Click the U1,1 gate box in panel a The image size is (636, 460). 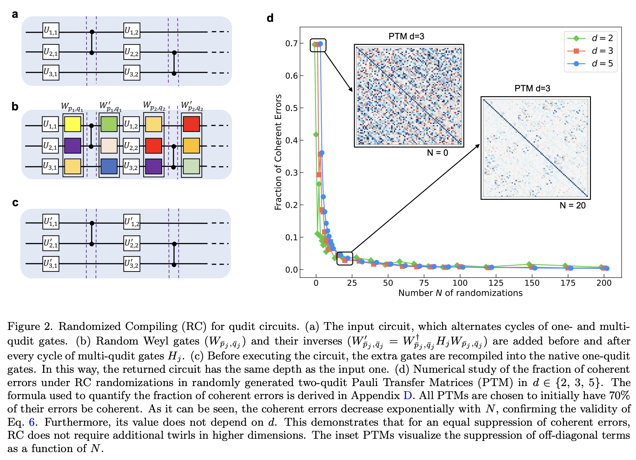[x=51, y=30]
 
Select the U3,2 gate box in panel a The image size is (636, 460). [x=132, y=73]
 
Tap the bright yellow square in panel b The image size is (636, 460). [x=73, y=124]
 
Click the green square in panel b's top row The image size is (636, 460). [x=109, y=124]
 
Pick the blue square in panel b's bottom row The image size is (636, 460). [x=109, y=166]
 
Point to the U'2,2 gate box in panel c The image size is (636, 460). [x=132, y=243]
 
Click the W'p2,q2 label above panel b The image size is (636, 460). [x=192, y=106]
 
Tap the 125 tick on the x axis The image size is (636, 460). [x=496, y=283]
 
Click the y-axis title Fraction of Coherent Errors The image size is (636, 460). [x=278, y=152]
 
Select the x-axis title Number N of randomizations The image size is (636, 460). [x=460, y=293]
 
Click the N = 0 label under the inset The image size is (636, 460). [x=437, y=153]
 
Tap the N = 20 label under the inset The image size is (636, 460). [x=572, y=206]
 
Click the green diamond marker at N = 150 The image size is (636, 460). [x=529, y=264]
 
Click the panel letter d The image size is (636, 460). [x=270, y=18]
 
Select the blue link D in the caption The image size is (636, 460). [x=407, y=396]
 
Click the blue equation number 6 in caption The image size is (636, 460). [x=31, y=422]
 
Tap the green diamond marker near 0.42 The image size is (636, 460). [x=316, y=135]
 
